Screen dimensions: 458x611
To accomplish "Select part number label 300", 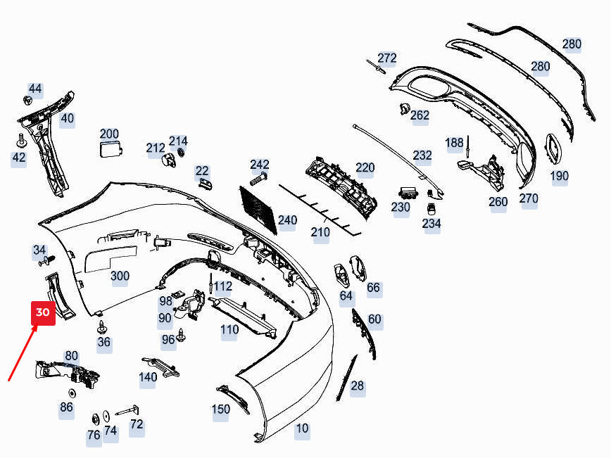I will (x=120, y=276).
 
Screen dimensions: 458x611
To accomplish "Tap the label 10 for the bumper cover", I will (x=302, y=428).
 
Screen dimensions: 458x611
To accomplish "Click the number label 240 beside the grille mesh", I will (x=287, y=220).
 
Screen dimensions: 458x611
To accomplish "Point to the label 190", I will (x=560, y=176).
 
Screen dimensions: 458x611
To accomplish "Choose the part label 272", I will (x=387, y=58).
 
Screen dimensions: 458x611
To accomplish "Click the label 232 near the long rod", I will (x=422, y=155).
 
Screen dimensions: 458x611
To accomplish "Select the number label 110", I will (x=229, y=330).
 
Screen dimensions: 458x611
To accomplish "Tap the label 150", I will (x=221, y=409).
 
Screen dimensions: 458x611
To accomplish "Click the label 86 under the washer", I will (x=66, y=407).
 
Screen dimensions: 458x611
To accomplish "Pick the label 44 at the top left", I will (x=35, y=89).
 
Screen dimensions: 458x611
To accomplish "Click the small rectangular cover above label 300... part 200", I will (x=110, y=149).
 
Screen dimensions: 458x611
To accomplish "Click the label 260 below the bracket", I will (x=498, y=203).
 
